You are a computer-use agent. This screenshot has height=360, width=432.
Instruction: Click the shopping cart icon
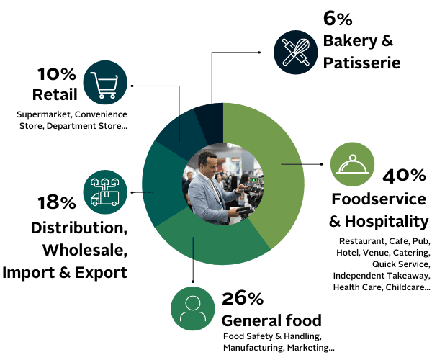click(105, 82)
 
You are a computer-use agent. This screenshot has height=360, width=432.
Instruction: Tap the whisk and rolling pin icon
click(296, 52)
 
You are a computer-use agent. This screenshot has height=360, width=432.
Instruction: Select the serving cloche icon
click(352, 164)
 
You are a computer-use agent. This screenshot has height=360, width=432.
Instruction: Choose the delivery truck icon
click(105, 192)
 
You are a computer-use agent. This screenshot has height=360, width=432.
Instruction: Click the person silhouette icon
click(192, 308)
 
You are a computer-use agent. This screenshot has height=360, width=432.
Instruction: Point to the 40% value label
click(404, 176)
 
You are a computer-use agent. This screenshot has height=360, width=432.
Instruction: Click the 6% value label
click(338, 19)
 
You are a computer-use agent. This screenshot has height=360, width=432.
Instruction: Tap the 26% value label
click(243, 298)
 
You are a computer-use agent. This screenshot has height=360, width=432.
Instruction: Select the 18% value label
click(56, 202)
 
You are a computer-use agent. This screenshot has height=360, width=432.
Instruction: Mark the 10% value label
click(56, 74)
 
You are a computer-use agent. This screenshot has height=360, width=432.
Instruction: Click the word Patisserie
click(361, 63)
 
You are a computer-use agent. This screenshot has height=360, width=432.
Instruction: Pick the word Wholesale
click(85, 250)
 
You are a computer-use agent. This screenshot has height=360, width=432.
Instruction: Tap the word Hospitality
click(387, 222)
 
